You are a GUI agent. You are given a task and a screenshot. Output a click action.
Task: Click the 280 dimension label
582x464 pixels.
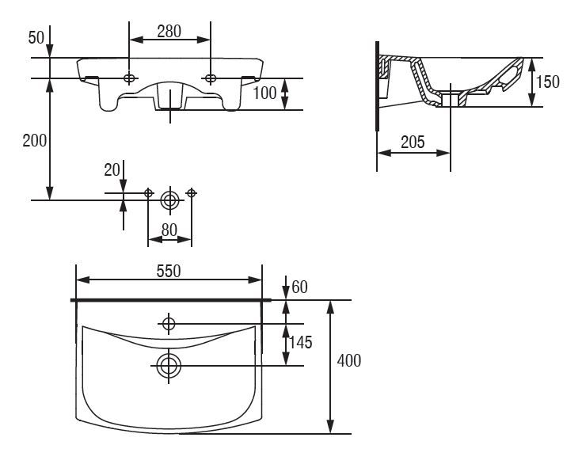[x=169, y=31]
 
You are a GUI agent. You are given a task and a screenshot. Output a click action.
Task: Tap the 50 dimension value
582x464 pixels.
[x=36, y=37]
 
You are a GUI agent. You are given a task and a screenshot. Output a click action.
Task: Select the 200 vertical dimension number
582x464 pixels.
[x=35, y=141]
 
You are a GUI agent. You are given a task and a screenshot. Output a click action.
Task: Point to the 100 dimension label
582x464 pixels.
[x=264, y=93]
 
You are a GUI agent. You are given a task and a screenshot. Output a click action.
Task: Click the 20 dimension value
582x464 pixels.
[x=112, y=170]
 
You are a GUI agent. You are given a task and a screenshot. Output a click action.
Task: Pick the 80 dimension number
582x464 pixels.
[x=169, y=230]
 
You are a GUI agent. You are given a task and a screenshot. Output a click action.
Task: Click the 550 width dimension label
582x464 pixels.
[x=169, y=272]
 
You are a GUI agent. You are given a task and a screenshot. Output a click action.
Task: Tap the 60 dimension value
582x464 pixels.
[x=300, y=287]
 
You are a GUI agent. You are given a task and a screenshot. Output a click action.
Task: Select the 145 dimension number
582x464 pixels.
[x=301, y=343]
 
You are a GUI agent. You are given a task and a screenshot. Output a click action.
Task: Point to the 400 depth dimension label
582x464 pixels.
[x=349, y=361]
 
